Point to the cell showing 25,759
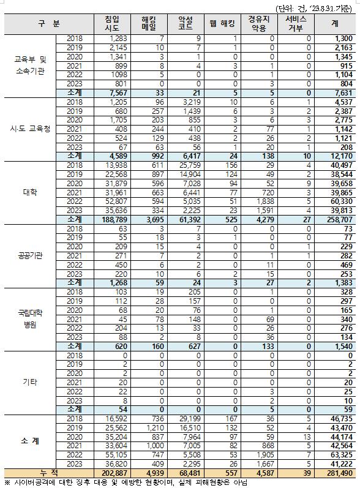(184, 165)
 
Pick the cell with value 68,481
(184, 473)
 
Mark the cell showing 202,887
(112, 473)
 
